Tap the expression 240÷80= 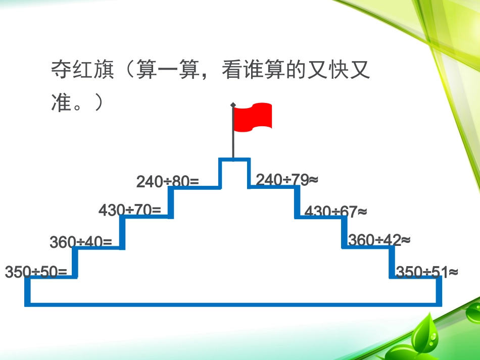coord(168,181)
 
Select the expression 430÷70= coord(130,210)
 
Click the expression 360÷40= coord(81,242)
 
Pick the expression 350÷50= coord(36,272)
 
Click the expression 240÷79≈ coord(286,180)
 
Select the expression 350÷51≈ coord(427,272)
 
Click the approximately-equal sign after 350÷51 coord(453,272)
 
